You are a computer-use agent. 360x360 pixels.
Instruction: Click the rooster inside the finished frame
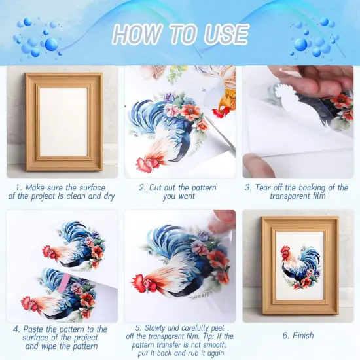click(x=299, y=267)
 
